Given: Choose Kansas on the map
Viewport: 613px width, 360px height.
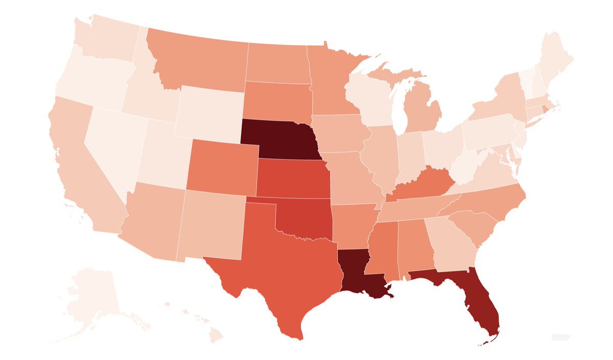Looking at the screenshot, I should (291, 179).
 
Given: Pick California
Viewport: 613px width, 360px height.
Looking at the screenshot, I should (77, 163).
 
